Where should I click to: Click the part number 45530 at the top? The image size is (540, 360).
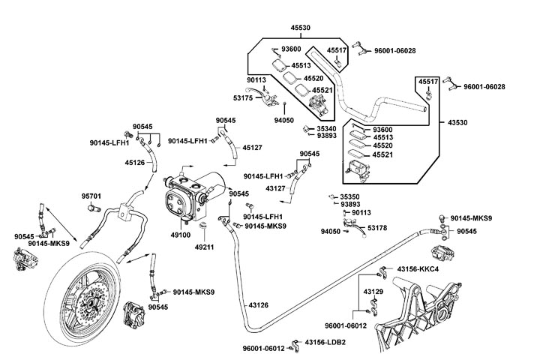pos(300,28)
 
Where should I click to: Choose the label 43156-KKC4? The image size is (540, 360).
pos(417,268)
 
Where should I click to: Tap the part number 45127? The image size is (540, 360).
pos(253,148)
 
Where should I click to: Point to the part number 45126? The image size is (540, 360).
pos(134,162)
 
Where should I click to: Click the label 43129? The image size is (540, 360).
pos(373,290)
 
